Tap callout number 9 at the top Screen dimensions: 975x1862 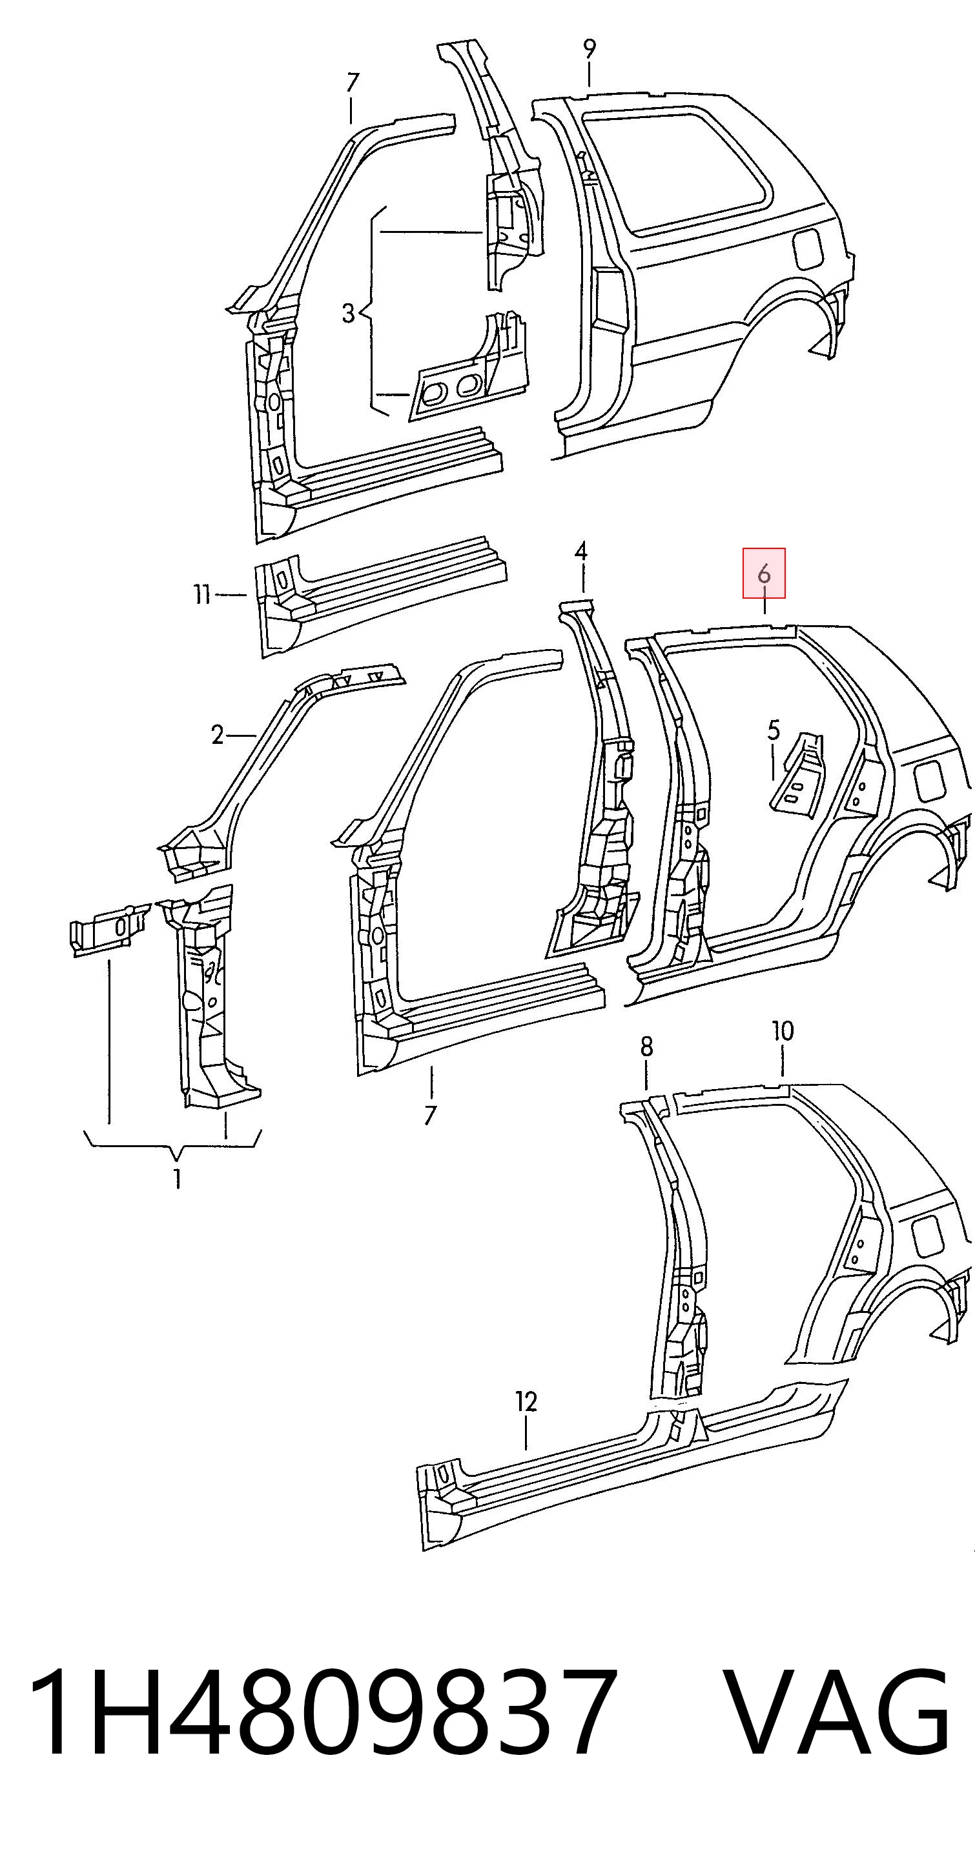click(590, 49)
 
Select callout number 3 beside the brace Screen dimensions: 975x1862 click(349, 313)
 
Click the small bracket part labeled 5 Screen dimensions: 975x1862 click(798, 774)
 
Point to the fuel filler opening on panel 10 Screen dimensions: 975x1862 click(928, 1237)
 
